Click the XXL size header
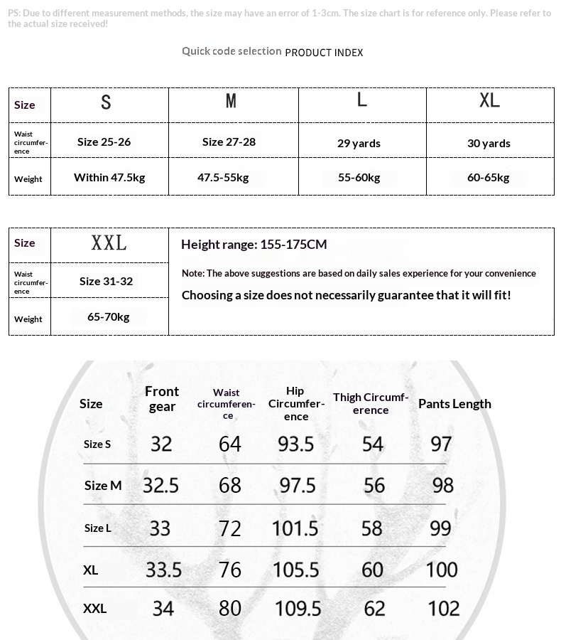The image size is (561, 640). pyautogui.click(x=109, y=243)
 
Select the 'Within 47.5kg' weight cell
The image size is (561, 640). pyautogui.click(x=109, y=177)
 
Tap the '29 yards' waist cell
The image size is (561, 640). pyautogui.click(x=359, y=143)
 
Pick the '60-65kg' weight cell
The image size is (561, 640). pyautogui.click(x=489, y=177)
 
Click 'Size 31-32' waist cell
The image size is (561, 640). pyautogui.click(x=106, y=281)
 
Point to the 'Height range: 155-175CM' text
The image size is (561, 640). pyautogui.click(x=254, y=245)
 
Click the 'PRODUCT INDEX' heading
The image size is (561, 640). pyautogui.click(x=324, y=53)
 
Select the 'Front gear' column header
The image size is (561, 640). pyautogui.click(x=162, y=399)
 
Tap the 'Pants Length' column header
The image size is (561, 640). pyautogui.click(x=454, y=404)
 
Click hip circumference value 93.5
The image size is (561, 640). pyautogui.click(x=296, y=444)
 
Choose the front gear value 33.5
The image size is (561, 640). pyautogui.click(x=164, y=570)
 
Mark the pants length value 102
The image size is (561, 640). pyautogui.click(x=443, y=609)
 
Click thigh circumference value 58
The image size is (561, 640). pyautogui.click(x=371, y=528)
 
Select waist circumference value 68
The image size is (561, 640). pyautogui.click(x=230, y=486)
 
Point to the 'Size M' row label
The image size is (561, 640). pyautogui.click(x=103, y=486)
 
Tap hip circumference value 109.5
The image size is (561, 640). pyautogui.click(x=298, y=609)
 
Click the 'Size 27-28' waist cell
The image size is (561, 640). pyautogui.click(x=229, y=142)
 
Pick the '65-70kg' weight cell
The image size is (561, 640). pyautogui.click(x=108, y=316)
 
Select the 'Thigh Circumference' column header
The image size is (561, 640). pyautogui.click(x=371, y=403)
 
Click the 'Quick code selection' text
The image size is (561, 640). pyautogui.click(x=232, y=51)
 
